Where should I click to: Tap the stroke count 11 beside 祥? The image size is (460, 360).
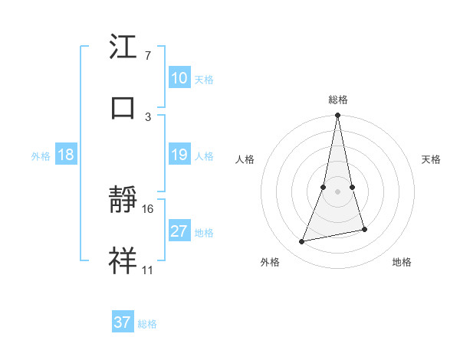(148, 270)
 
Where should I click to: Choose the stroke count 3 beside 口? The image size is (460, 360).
(147, 116)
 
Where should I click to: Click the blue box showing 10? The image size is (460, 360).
(179, 78)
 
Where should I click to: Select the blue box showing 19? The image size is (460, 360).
(179, 155)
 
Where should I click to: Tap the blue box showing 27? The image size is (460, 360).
(179, 231)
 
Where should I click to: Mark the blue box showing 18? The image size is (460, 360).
(65, 155)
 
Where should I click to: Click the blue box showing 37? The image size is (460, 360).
(123, 322)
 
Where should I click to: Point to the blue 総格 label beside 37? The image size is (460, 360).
(147, 324)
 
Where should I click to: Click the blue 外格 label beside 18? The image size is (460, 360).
(41, 156)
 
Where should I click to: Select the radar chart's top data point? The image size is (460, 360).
(337, 116)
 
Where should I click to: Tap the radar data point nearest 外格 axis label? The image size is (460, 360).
(302, 242)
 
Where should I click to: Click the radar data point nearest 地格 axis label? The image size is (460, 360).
(364, 229)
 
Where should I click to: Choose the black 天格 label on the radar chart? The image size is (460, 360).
(431, 159)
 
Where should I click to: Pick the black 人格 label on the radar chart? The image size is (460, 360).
(245, 159)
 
